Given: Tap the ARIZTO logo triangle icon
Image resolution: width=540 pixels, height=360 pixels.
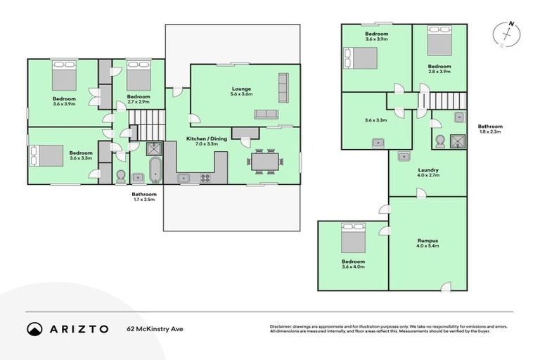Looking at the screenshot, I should pyautogui.click(x=34, y=329).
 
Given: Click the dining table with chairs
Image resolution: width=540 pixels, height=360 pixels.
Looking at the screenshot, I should pyautogui.click(x=266, y=161).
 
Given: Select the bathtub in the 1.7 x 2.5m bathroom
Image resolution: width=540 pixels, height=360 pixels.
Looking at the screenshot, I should pyautogui.click(x=155, y=171).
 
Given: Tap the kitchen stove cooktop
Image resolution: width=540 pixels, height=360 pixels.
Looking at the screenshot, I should pyautogui.click(x=206, y=178).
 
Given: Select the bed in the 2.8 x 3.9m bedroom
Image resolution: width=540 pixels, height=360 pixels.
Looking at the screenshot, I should pyautogui.click(x=439, y=46).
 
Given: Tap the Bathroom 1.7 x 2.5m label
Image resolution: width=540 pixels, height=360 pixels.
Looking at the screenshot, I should pyautogui.click(x=143, y=196).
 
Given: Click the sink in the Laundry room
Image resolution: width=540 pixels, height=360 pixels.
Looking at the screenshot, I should pyautogui.click(x=404, y=156).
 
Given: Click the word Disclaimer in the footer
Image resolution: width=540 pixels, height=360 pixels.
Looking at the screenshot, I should pyautogui.click(x=283, y=326).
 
